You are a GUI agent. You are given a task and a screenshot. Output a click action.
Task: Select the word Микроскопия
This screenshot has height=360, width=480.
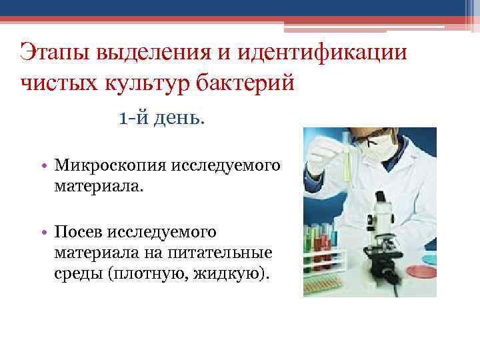tap(113, 164)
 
